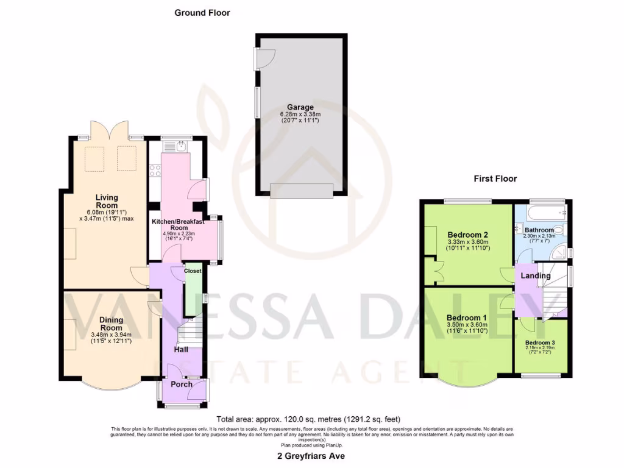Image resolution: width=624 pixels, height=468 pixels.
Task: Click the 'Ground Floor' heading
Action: [x=202, y=12]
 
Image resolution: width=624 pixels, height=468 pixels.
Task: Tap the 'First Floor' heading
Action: [x=495, y=179]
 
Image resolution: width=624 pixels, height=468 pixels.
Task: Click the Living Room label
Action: [x=106, y=202]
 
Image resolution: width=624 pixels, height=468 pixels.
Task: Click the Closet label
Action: [x=193, y=271]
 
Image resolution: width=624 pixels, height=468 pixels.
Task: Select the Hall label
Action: [x=180, y=350]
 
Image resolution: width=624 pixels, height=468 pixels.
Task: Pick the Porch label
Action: [x=181, y=384]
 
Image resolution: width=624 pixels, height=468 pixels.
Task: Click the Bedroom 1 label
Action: [x=466, y=317]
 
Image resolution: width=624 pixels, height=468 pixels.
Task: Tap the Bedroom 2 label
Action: [x=467, y=234]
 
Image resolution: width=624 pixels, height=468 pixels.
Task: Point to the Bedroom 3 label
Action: [x=540, y=342]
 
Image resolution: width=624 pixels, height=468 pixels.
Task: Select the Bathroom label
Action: [x=539, y=230]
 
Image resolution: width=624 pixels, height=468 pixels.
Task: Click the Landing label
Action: [x=536, y=275]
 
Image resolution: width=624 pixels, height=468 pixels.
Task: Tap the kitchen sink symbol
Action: [x=180, y=146]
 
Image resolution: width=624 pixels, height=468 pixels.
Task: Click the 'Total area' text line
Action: [x=308, y=419]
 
